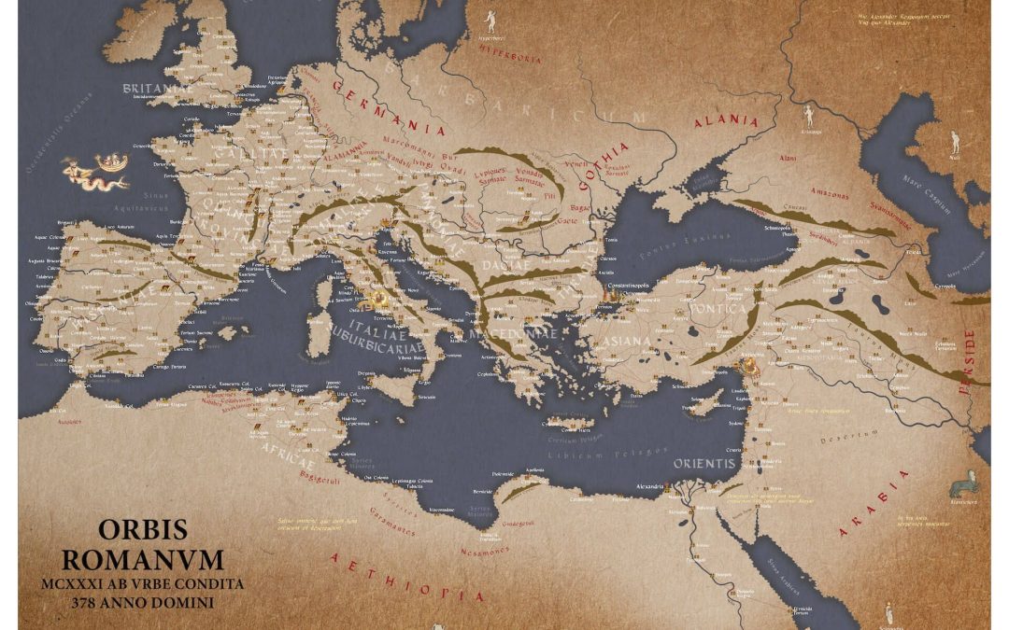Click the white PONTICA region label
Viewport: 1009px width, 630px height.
point(718,309)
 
